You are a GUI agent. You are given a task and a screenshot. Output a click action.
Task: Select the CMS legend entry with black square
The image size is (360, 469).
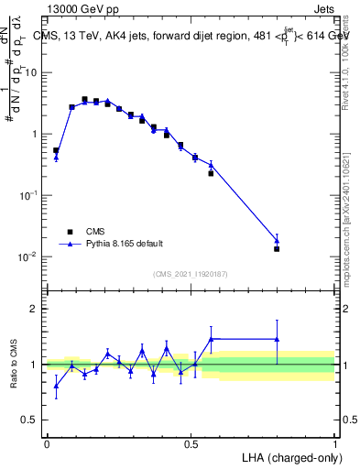(93, 232)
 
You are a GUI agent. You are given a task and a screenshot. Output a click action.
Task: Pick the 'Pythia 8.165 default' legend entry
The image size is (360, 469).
(124, 244)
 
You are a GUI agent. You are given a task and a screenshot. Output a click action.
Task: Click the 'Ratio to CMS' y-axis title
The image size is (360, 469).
(15, 365)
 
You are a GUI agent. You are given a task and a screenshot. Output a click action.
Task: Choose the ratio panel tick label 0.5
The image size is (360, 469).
(31, 420)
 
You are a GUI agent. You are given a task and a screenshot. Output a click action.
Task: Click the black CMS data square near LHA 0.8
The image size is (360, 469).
(277, 248)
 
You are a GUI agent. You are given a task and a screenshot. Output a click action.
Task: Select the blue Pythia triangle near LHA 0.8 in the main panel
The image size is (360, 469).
(277, 240)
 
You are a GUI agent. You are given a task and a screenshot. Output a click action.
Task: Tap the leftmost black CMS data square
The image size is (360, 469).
(56, 150)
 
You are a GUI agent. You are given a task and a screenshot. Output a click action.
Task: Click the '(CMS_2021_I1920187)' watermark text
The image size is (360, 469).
(191, 272)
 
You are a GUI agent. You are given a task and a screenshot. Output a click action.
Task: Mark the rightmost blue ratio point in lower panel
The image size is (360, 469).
(277, 339)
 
